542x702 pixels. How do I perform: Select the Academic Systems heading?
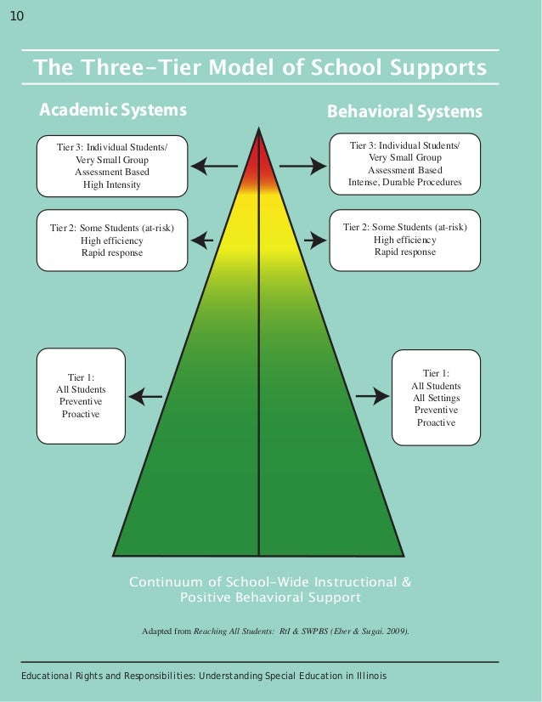coord(113,110)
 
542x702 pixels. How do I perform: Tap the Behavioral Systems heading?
coord(404,111)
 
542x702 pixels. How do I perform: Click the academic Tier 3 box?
coord(111,166)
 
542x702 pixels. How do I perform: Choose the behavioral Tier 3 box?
coord(404,164)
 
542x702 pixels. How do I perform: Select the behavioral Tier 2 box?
coord(404,240)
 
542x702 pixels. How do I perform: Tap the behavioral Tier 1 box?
coord(436,397)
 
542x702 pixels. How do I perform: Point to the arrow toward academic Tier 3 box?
coord(214,166)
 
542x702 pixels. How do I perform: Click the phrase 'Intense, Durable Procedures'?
coord(404,183)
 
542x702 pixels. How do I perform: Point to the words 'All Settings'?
coord(436,398)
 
